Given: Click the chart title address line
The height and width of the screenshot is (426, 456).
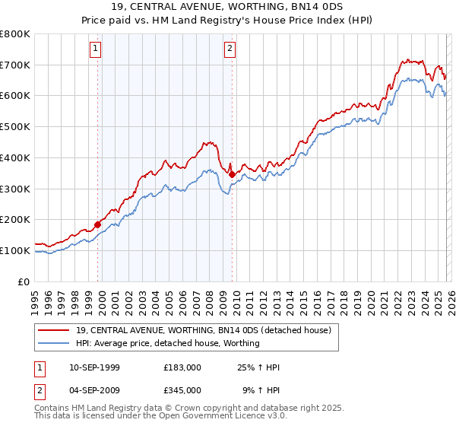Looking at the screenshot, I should pos(227,7).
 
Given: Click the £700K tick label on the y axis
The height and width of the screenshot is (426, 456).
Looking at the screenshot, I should pos(15,65).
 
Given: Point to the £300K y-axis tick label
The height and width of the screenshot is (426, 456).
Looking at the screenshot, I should pos(15,189).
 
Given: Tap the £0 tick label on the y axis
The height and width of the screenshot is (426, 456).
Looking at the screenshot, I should pos(24,281).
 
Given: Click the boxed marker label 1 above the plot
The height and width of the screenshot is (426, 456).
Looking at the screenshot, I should pos(96,49).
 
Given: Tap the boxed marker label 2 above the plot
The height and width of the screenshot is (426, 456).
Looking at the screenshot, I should pos(230,49).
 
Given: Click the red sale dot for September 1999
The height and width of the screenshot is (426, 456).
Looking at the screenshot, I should pos(98,224).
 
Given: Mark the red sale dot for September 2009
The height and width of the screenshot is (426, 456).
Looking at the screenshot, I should pos(233,174).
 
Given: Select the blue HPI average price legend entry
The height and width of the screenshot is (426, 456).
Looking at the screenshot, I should pos(168,343).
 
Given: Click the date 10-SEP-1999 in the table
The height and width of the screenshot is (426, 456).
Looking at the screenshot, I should pos(94,367).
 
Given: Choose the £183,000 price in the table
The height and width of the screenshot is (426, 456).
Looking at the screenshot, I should pos(182,367).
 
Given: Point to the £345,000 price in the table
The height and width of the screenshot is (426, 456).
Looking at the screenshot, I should pos(182,389).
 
